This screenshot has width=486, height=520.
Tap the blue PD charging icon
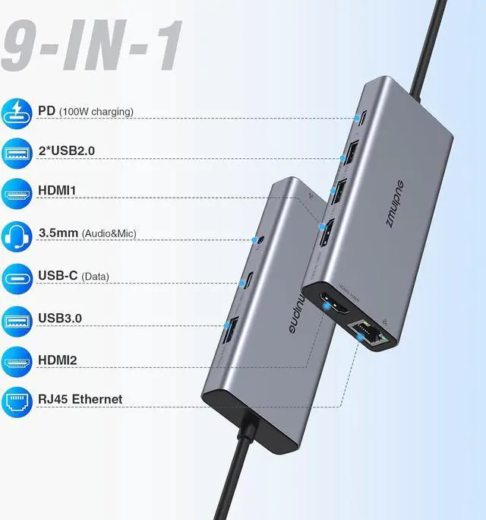tap(18, 111)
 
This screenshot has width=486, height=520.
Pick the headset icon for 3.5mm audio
tap(18, 233)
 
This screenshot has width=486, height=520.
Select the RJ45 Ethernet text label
tap(80, 399)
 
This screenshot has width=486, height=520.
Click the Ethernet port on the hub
tap(368, 331)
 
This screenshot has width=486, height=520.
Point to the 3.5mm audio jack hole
tap(262, 242)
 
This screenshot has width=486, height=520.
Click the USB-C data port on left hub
tap(248, 281)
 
